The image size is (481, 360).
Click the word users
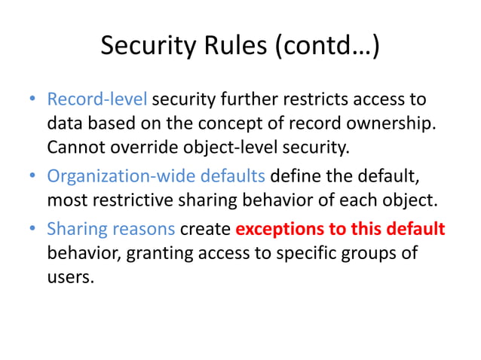click(x=69, y=276)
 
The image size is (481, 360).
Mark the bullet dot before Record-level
click(x=32, y=99)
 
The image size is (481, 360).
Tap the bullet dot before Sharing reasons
click(x=32, y=229)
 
